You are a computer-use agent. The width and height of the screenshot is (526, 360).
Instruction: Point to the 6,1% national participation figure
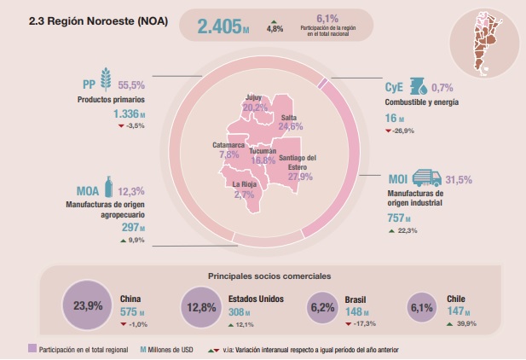[x=327, y=18]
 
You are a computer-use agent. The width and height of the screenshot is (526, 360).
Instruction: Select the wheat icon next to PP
[x=107, y=85]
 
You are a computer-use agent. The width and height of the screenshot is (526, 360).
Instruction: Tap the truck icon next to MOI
[x=427, y=178]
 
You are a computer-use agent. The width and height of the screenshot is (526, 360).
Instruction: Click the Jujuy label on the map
[x=253, y=98]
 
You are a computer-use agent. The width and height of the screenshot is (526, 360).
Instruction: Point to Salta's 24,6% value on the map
[x=291, y=126]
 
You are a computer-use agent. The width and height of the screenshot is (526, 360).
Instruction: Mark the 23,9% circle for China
[x=89, y=305]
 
